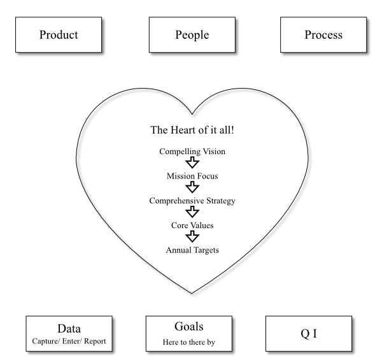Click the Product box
click(x=58, y=34)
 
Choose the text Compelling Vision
click(x=192, y=152)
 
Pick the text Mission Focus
click(x=192, y=176)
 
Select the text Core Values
click(x=192, y=226)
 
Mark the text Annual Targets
click(x=192, y=250)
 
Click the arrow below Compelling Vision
click(x=192, y=164)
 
